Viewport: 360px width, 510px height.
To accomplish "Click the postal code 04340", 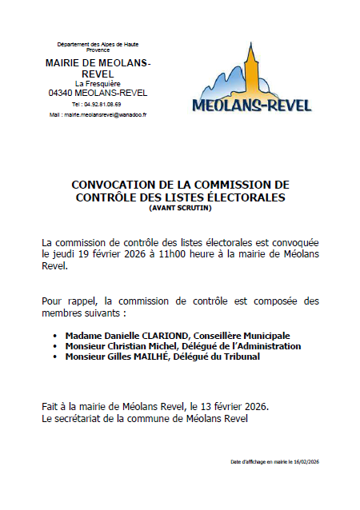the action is pos(62,93).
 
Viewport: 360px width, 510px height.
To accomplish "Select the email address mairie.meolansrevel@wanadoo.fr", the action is pos(103,115).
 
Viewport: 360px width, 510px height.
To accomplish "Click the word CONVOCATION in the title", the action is pos(109,185).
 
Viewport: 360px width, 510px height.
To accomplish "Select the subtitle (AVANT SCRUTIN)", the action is pos(178,208).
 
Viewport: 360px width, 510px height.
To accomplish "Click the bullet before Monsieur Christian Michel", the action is pos(55,346).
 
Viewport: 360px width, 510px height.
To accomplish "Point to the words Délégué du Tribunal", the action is pos(234,357).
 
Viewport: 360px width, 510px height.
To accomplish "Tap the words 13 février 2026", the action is pos(235,406).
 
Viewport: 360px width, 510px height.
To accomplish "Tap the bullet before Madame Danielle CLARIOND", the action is pos(55,336).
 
